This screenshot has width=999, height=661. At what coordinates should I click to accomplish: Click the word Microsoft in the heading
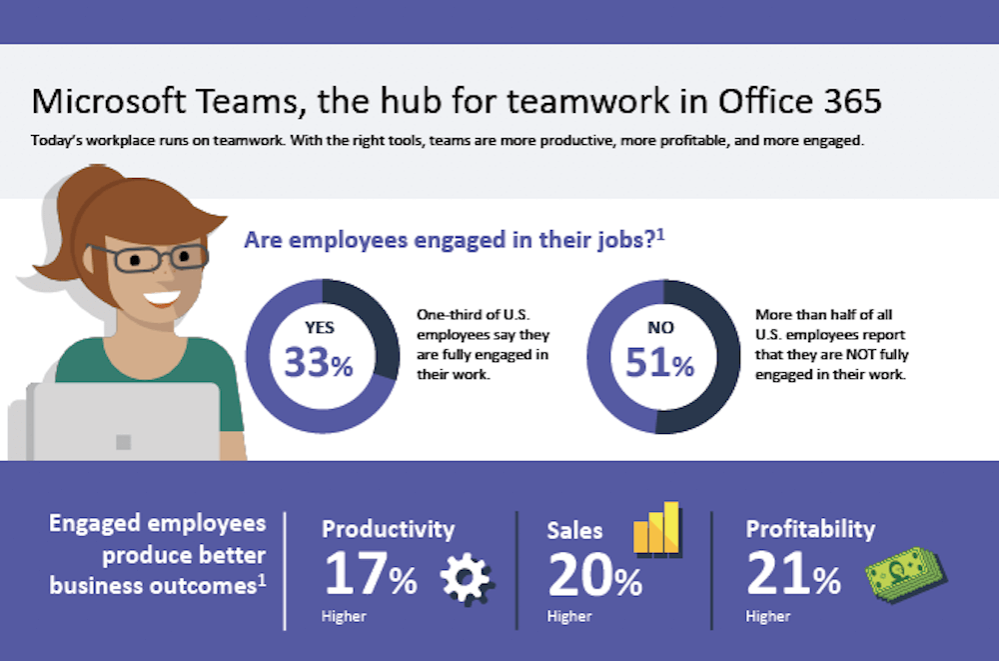pyautogui.click(x=109, y=101)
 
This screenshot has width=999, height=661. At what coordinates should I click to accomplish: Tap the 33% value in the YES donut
pyautogui.click(x=318, y=362)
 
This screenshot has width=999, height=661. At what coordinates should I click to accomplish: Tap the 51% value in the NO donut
pyautogui.click(x=659, y=362)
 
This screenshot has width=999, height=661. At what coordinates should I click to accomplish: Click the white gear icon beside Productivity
pyautogui.click(x=467, y=578)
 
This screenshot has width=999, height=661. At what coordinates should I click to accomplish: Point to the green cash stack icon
pyautogui.click(x=905, y=574)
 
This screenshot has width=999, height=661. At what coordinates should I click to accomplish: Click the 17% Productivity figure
pyautogui.click(x=371, y=574)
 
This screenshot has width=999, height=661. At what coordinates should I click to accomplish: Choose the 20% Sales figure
pyautogui.click(x=594, y=575)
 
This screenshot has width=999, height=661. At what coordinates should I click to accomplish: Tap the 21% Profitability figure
pyautogui.click(x=793, y=574)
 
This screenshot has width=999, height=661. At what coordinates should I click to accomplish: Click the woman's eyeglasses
pyautogui.click(x=149, y=258)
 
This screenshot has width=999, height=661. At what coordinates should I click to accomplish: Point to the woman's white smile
pyautogui.click(x=161, y=297)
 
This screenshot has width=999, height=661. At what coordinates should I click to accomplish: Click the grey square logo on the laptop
pyautogui.click(x=124, y=442)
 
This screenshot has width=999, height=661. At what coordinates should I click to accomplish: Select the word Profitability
pyautogui.click(x=810, y=530)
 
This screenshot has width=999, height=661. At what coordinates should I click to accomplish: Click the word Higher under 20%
pyautogui.click(x=569, y=616)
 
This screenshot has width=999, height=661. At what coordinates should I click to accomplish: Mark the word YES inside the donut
pyautogui.click(x=320, y=328)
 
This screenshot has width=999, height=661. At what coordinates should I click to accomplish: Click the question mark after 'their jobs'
pyautogui.click(x=650, y=241)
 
